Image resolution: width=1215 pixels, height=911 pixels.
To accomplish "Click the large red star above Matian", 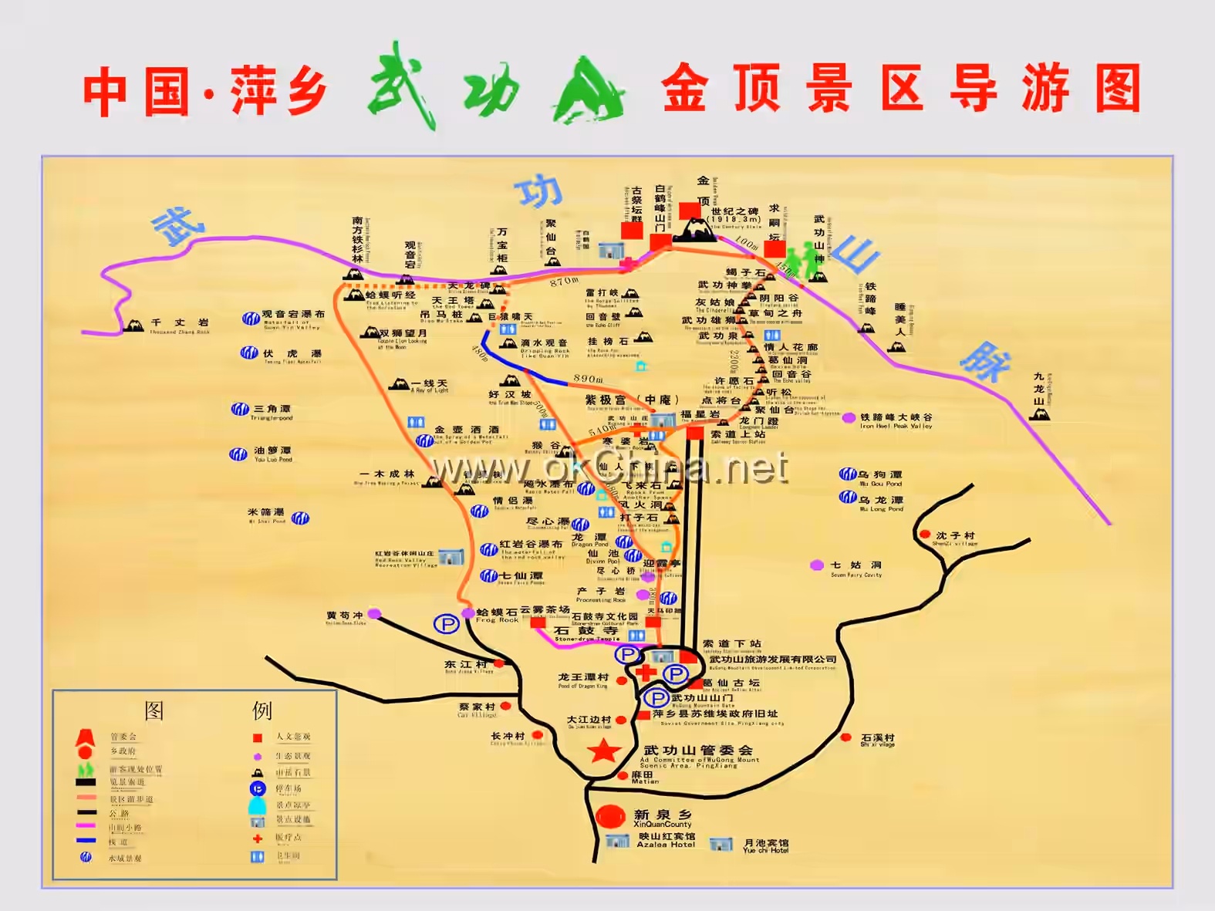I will pos(603,751).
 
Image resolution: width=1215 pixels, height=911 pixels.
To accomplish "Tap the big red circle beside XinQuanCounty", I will pos(610,817).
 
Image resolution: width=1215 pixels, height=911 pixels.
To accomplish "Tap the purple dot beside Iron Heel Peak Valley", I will pos(849,418).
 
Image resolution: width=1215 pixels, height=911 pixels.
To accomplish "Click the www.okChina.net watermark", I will pos(609,467).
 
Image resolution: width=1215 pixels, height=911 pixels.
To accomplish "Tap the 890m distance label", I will pos(588,379).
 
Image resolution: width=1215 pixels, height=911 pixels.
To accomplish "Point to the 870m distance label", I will pos(564,282).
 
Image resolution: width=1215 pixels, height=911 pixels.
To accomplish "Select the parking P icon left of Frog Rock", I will pos(446,624).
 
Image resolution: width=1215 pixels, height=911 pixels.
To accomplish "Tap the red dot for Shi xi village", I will pos(845,737).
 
